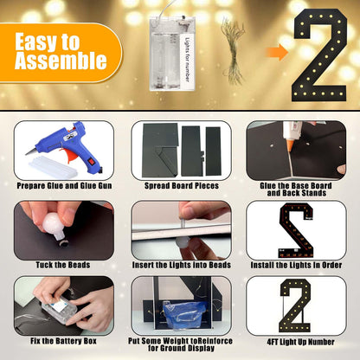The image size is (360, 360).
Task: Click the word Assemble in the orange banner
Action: coord(61,61)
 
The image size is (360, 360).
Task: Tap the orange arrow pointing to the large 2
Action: coord(277,52)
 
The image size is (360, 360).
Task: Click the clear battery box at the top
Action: coord(171,53)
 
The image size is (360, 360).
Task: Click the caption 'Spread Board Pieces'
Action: coord(182,186)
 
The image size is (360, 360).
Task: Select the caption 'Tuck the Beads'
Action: coord(63,265)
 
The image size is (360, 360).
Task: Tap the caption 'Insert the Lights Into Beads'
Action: coord(182,265)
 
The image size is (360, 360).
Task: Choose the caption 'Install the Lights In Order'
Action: coord(296,265)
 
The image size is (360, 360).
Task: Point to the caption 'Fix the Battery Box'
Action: coord(63,341)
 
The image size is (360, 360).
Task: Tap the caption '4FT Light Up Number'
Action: coord(300,342)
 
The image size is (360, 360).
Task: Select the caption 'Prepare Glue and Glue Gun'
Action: coord(64,186)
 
